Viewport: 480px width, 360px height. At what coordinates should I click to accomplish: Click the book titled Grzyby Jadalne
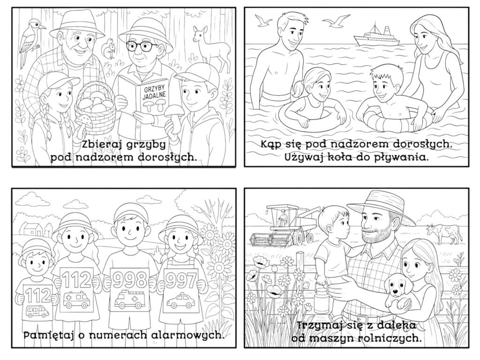(146, 98)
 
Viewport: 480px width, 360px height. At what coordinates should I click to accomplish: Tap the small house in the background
(32, 229)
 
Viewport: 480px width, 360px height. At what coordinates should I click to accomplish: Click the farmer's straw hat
(380, 206)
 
